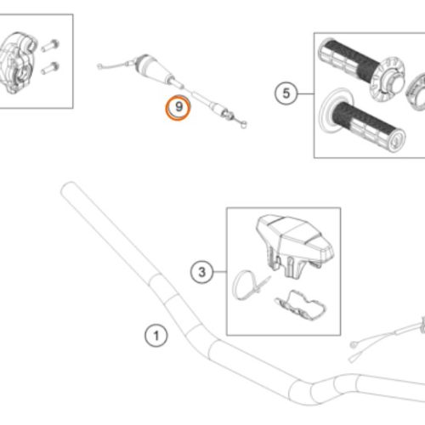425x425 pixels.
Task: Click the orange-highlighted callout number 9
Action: pyautogui.click(x=178, y=107)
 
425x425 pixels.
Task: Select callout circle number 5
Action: pyautogui.click(x=286, y=93)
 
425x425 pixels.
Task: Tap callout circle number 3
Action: pyautogui.click(x=201, y=272)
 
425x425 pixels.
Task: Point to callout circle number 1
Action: pyautogui.click(x=156, y=336)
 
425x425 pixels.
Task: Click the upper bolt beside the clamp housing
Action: pyautogui.click(x=50, y=45)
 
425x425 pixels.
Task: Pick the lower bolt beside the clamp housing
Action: pyautogui.click(x=50, y=68)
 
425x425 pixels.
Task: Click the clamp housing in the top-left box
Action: pyautogui.click(x=17, y=62)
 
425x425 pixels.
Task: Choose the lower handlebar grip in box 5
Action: pyautogui.click(x=365, y=121)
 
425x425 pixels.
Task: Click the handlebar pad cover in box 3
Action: pyautogui.click(x=296, y=245)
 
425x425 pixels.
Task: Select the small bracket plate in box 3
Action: pyautogui.click(x=300, y=305)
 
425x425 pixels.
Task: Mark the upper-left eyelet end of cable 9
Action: pyautogui.click(x=99, y=66)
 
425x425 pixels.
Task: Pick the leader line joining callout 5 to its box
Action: pyautogui.click(x=306, y=93)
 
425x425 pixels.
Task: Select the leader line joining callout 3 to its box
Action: pyautogui.click(x=220, y=272)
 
